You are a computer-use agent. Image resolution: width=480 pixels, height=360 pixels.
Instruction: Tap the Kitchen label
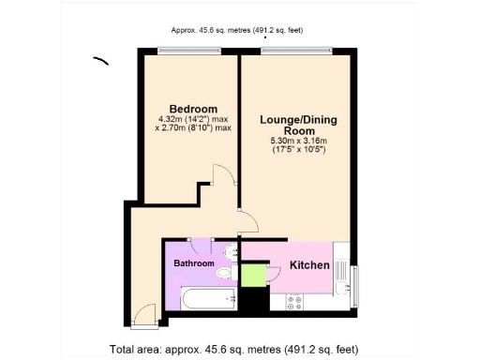(308, 265)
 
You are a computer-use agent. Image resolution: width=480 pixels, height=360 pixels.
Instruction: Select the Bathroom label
(194, 263)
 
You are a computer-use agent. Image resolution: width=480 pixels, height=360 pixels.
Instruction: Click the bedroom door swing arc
(221, 178)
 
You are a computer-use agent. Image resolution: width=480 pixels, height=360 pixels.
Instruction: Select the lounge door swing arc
(247, 223)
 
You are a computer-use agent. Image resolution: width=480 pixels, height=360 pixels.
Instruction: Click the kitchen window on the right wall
(355, 285)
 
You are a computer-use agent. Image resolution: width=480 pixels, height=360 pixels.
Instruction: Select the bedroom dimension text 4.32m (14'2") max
(194, 119)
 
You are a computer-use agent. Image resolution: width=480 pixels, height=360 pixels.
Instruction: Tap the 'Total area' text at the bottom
(233, 349)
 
